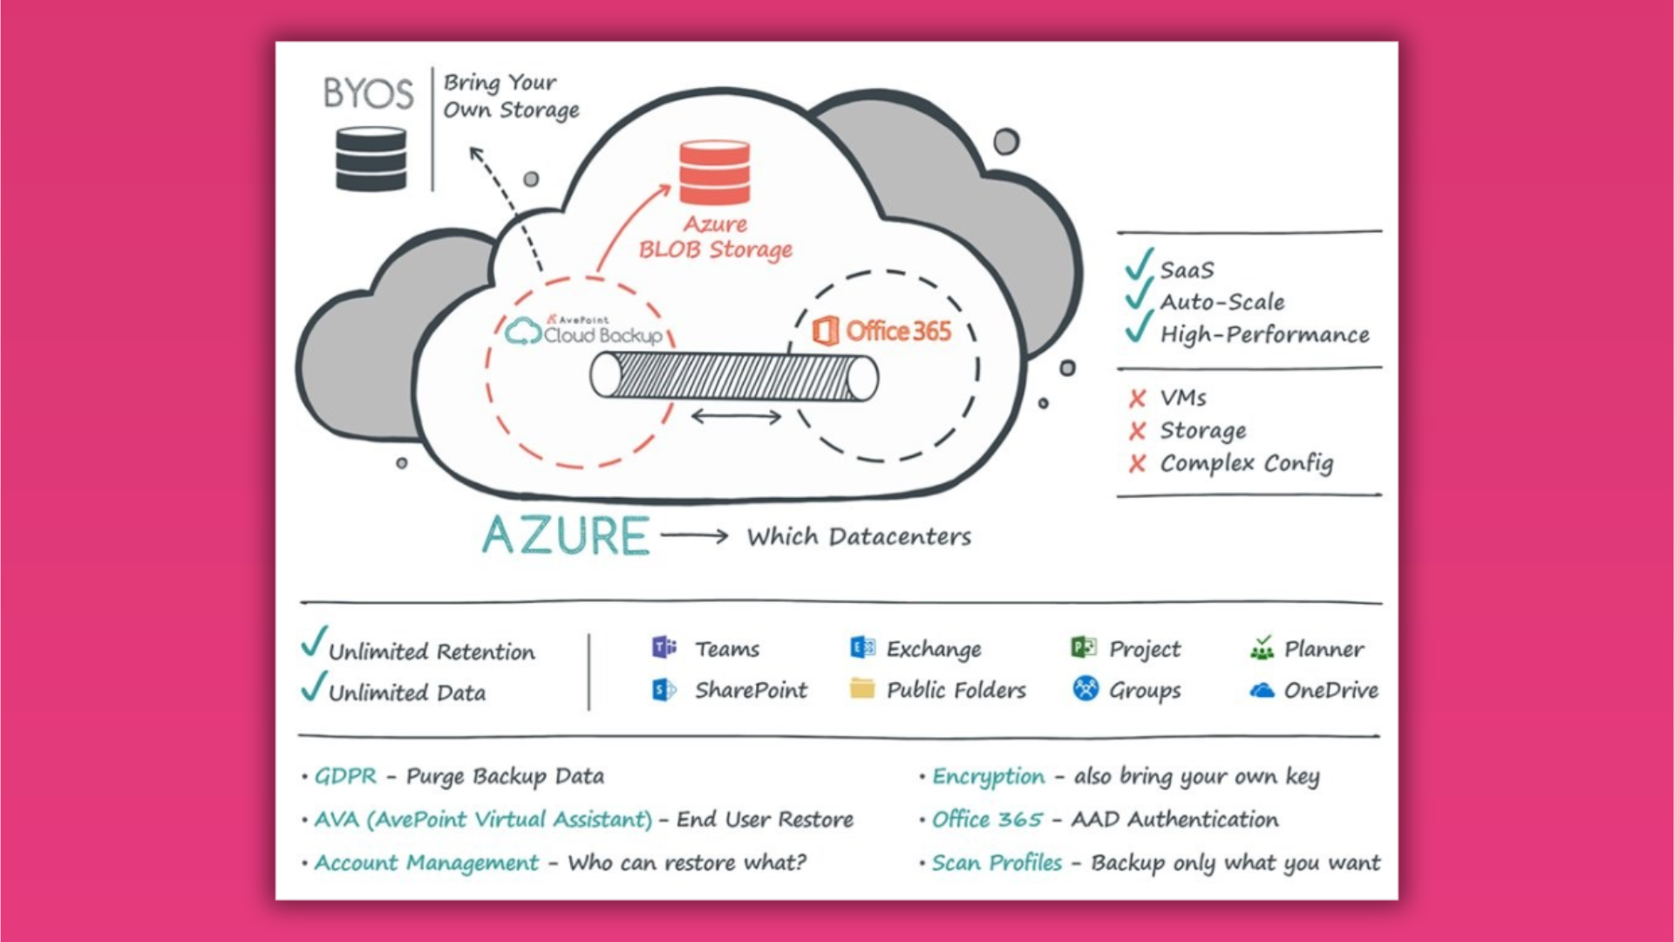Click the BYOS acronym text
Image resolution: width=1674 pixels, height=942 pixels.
pyautogui.click(x=368, y=93)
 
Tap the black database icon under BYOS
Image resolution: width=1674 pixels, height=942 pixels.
pyautogui.click(x=371, y=159)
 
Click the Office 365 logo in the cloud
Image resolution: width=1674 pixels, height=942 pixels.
pyautogui.click(x=881, y=331)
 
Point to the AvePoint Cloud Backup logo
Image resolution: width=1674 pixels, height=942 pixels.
pyautogui.click(x=584, y=332)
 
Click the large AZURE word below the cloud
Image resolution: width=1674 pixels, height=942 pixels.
pyautogui.click(x=566, y=536)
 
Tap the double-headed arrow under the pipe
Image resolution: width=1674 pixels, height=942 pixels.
pyautogui.click(x=736, y=417)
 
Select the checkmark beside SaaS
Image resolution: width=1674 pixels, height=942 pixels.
pyautogui.click(x=1139, y=264)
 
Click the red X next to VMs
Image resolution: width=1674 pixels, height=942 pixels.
pyautogui.click(x=1137, y=399)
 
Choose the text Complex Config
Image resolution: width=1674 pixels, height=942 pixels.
pyautogui.click(x=1246, y=463)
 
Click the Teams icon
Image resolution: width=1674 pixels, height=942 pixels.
pyautogui.click(x=664, y=648)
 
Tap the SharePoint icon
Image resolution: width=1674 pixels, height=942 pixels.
pyautogui.click(x=664, y=690)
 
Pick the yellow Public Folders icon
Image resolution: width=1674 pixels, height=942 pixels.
pyautogui.click(x=861, y=689)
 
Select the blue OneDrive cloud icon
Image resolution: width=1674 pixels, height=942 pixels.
pyautogui.click(x=1262, y=691)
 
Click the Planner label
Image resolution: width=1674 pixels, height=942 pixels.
pyautogui.click(x=1324, y=649)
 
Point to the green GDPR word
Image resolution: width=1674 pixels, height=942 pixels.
pyautogui.click(x=346, y=776)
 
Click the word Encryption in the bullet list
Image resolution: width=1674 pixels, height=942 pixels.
pyautogui.click(x=988, y=776)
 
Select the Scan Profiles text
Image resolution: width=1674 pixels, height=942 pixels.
pyautogui.click(x=997, y=863)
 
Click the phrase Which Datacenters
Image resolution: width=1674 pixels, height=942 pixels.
pyautogui.click(x=859, y=536)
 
